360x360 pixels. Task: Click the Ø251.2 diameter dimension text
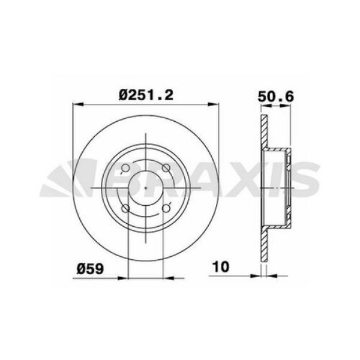pos(146,94)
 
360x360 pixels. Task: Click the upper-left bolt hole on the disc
pos(125,169)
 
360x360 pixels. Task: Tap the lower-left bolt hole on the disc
pos(125,208)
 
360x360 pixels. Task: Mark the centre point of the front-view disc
pos(146,188)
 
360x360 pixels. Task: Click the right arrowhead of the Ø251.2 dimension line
pos(216,105)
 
